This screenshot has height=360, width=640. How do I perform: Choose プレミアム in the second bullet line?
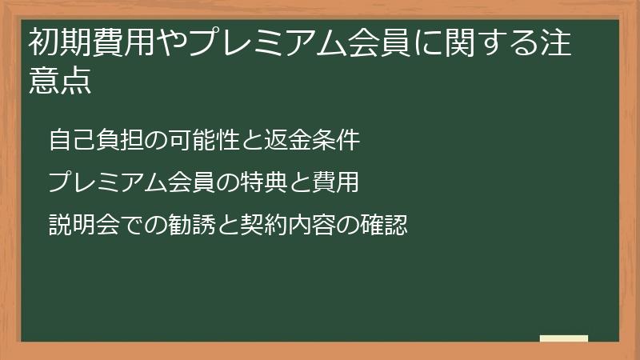[x=110, y=182]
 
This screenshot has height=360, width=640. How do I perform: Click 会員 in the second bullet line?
[x=193, y=182]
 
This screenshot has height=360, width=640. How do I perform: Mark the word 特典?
[x=265, y=182]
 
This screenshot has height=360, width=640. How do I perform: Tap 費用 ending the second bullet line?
[x=337, y=182]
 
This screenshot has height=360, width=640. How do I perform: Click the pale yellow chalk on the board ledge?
[x=564, y=338]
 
